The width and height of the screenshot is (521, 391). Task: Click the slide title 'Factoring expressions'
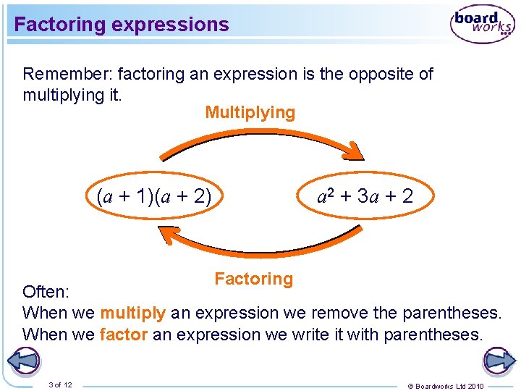point(122,25)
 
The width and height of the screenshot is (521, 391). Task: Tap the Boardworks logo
point(482,24)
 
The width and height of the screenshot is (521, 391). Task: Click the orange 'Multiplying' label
point(250,112)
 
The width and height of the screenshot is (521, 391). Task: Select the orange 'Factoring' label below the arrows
point(253,279)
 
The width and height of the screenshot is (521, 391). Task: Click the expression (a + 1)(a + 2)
point(153,195)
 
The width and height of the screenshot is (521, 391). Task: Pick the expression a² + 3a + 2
point(365,195)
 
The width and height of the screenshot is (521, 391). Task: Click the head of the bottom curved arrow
point(167,235)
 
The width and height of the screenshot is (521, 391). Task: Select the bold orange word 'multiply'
point(132,313)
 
